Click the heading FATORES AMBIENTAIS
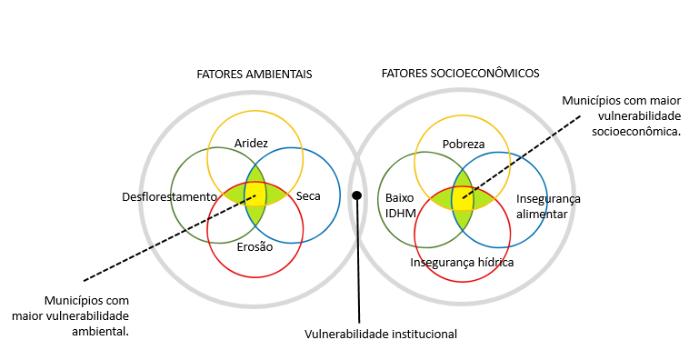click(255, 74)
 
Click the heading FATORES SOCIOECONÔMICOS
click(461, 73)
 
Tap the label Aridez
click(251, 144)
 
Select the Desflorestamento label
click(169, 196)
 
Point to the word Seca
click(308, 195)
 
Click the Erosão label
click(255, 246)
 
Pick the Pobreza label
click(464, 144)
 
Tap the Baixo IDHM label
click(400, 205)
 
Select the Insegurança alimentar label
click(548, 206)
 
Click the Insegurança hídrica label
click(462, 263)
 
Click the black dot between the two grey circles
click(356, 195)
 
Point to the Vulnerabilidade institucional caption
click(381, 335)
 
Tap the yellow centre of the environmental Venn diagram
click(255, 195)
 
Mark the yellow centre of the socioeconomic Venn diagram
click(463, 197)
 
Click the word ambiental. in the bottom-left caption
click(100, 332)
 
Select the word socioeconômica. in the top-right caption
click(636, 132)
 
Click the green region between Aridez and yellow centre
click(255, 174)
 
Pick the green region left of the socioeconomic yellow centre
click(442, 198)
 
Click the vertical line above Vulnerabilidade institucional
click(358, 261)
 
